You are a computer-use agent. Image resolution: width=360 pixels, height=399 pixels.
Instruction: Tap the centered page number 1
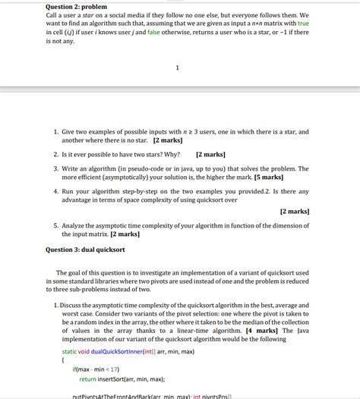(x=177, y=68)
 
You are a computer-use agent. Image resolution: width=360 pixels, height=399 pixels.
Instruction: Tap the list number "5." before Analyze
(x=57, y=225)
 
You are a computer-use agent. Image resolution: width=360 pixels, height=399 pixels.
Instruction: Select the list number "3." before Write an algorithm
(x=57, y=168)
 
